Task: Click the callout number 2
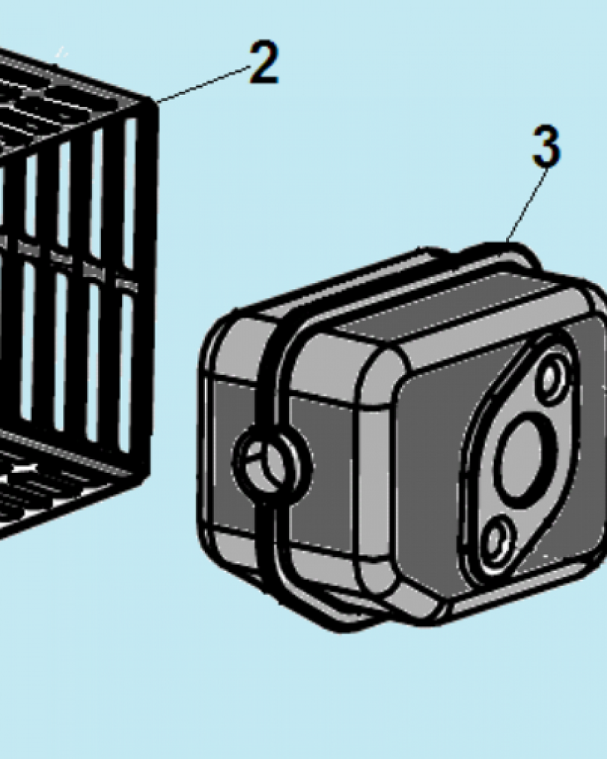pos(264,62)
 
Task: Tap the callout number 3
pos(546,145)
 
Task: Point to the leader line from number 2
pos(203,84)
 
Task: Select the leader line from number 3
pos(527,203)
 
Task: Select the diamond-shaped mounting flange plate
pos(521,452)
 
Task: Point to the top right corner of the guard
pos(155,102)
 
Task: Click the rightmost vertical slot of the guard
pos(129,285)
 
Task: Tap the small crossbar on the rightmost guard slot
pos(127,285)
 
